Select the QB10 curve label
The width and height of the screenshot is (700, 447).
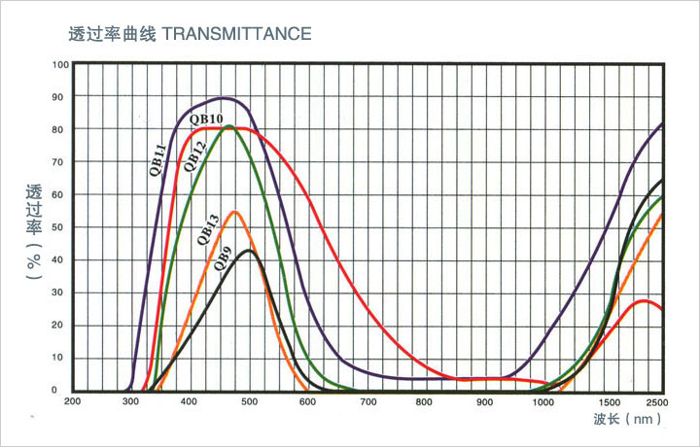click(207, 119)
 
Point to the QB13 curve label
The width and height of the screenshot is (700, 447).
click(207, 227)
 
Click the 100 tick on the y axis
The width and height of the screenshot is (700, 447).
click(61, 65)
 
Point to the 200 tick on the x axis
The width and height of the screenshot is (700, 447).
click(72, 400)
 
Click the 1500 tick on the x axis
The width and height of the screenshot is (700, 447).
click(611, 400)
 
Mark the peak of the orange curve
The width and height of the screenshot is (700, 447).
click(235, 211)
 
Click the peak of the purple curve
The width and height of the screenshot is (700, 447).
click(224, 98)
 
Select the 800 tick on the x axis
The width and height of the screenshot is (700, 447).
click(425, 400)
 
